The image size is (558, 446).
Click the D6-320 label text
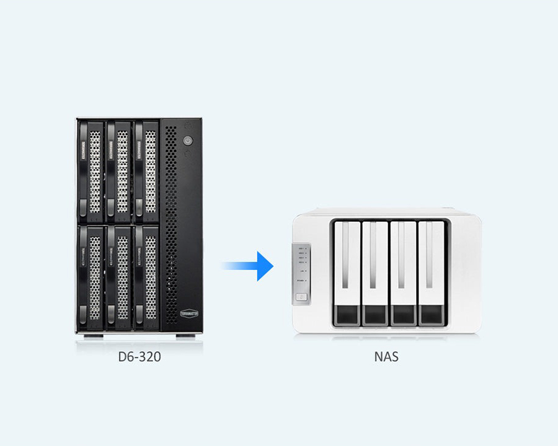[x=139, y=357]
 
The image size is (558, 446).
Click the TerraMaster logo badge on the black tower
[x=190, y=313]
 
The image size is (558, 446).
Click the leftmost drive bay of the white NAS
[x=347, y=273]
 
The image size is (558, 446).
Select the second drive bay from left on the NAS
[x=375, y=273]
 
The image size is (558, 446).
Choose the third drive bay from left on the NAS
[x=403, y=273]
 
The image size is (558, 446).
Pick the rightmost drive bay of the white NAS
[x=432, y=273]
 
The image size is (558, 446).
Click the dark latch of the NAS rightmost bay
[x=432, y=315]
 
